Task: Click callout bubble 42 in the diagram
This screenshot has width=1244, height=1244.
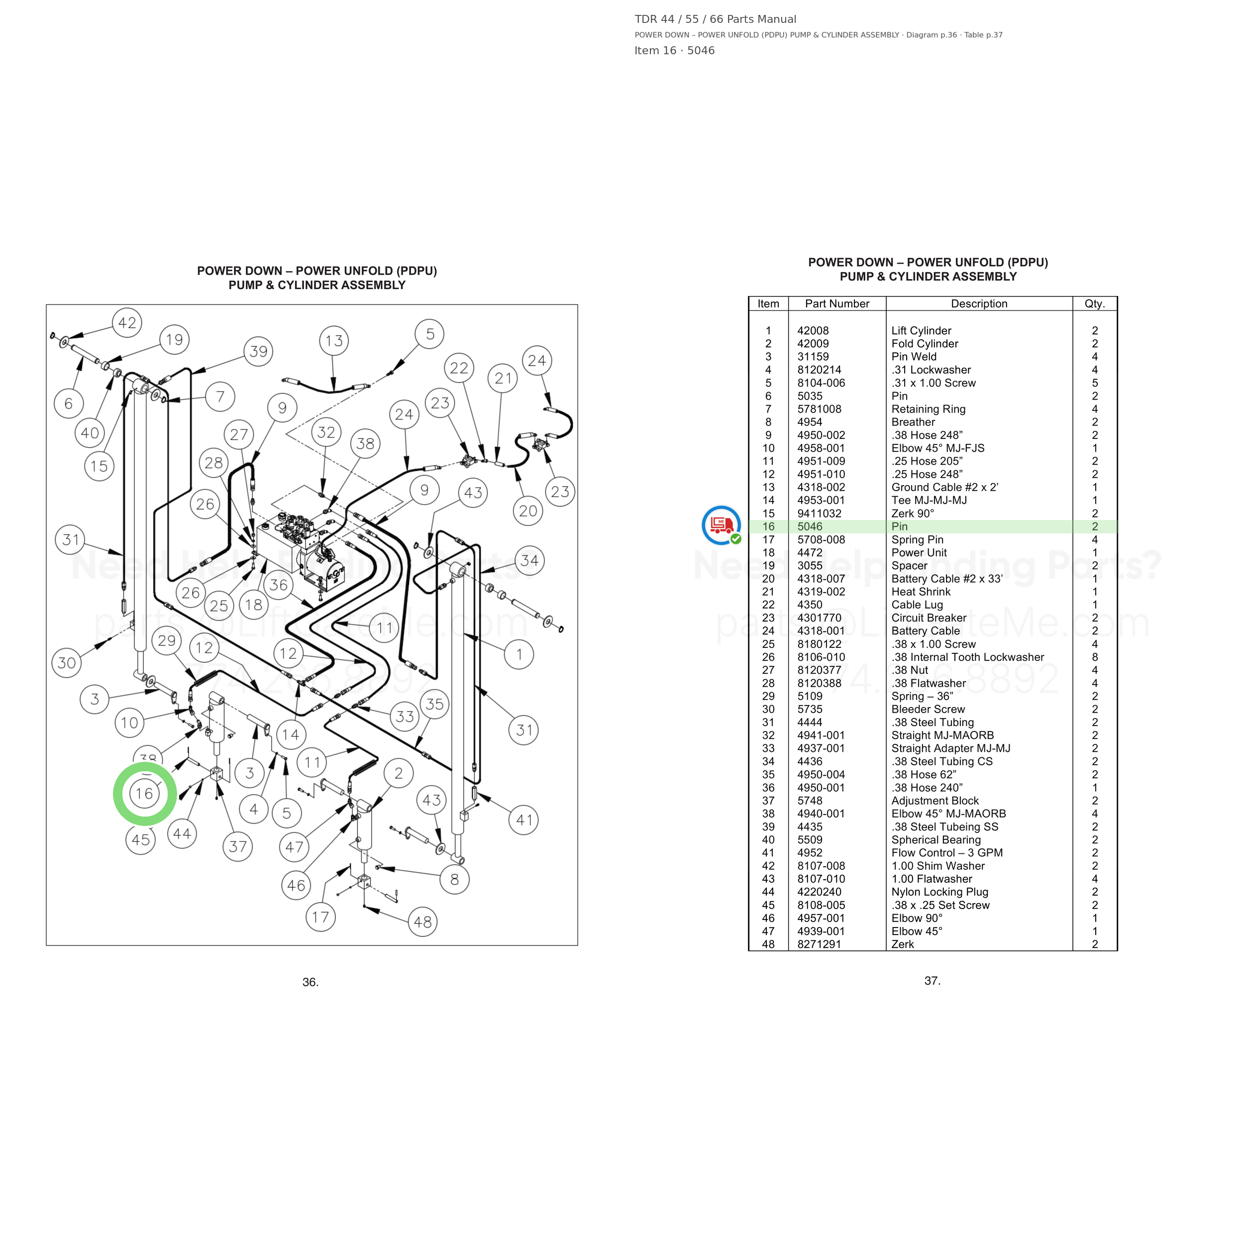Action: (x=127, y=322)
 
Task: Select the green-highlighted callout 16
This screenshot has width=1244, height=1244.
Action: (x=145, y=793)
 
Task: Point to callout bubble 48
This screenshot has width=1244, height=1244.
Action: (x=423, y=922)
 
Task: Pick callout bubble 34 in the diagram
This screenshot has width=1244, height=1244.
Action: (x=530, y=561)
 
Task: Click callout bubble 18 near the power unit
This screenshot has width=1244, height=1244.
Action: (x=254, y=605)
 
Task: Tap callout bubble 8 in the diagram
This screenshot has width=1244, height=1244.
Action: (x=455, y=880)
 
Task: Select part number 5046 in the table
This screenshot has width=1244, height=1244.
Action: (x=810, y=526)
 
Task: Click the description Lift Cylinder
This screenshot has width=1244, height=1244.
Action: (x=922, y=331)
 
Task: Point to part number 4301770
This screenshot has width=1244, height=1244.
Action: (x=819, y=618)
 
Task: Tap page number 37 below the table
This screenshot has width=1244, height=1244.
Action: (x=933, y=981)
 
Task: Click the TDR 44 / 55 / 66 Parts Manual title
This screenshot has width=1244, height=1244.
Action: (x=716, y=19)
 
